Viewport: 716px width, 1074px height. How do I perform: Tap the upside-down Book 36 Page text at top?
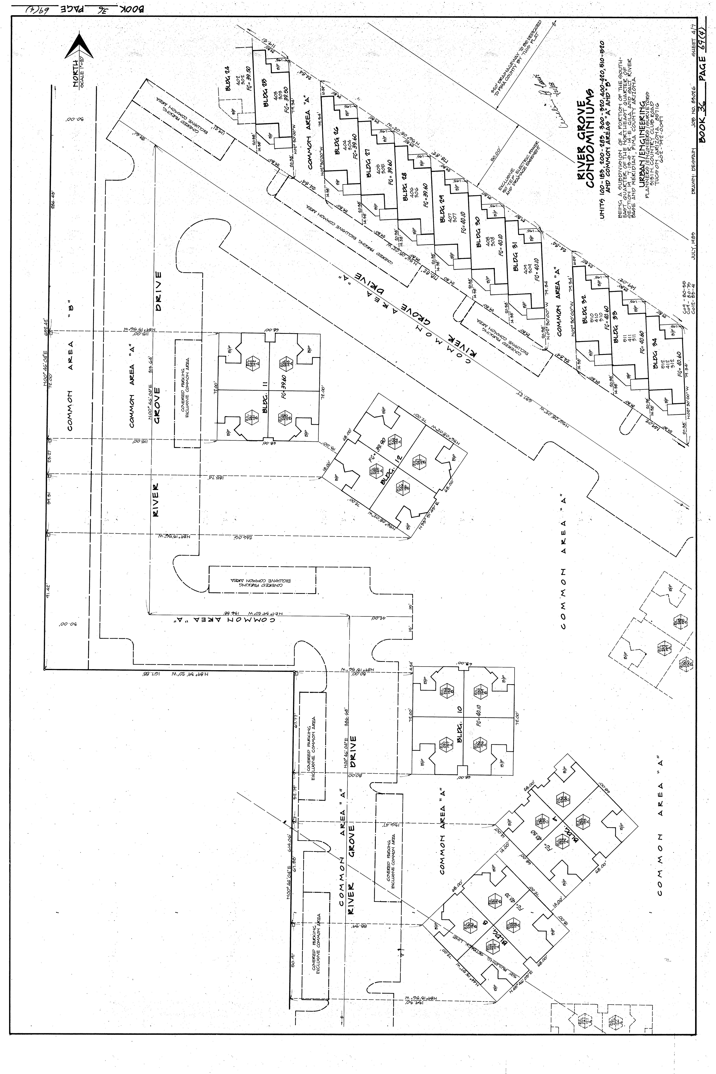click(80, 8)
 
